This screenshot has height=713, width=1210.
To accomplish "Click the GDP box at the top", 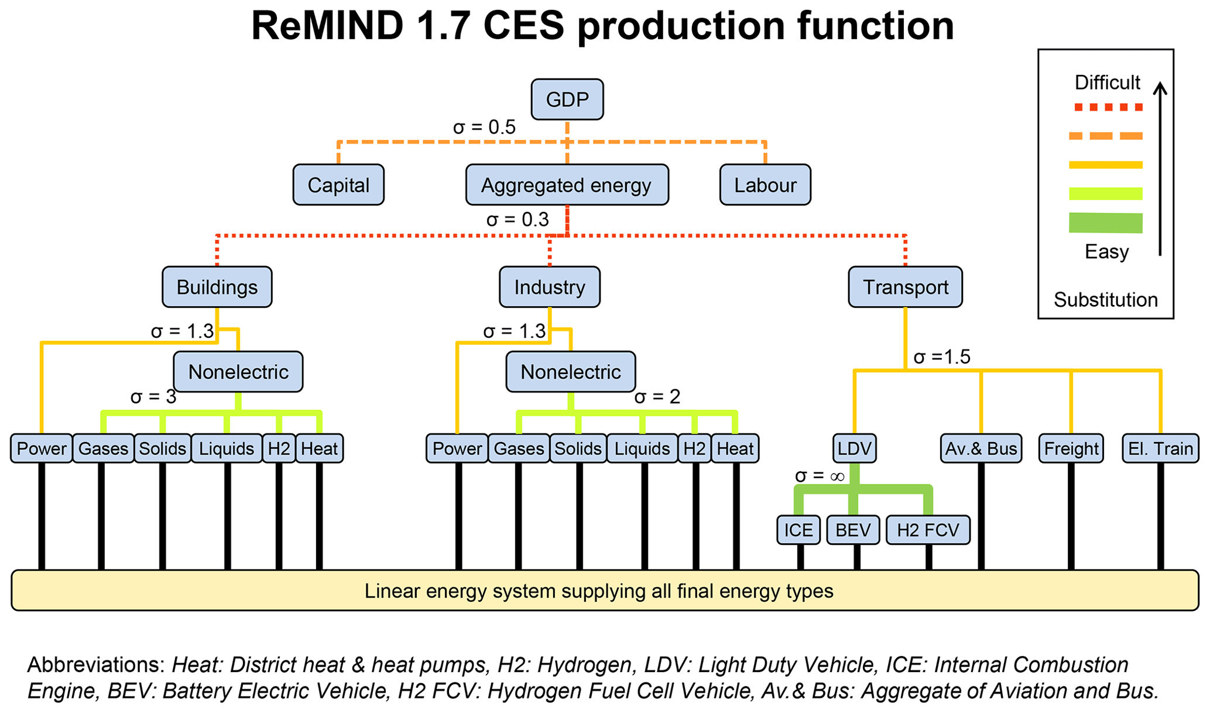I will click(567, 100).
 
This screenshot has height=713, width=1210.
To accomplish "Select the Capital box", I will click(338, 185).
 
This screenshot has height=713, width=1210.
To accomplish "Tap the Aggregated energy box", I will click(567, 185).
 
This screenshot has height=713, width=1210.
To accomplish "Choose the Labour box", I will click(765, 185).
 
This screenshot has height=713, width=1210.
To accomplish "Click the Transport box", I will click(905, 287).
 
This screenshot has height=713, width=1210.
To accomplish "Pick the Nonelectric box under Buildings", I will click(238, 372).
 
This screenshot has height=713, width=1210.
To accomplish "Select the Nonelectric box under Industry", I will click(571, 372).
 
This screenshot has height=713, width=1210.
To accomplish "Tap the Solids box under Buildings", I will click(163, 448).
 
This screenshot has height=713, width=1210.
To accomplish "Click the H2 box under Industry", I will click(694, 448).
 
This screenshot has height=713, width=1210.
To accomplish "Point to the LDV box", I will click(855, 448).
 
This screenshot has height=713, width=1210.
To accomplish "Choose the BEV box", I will click(853, 530).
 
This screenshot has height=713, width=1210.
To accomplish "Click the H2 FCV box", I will click(928, 530).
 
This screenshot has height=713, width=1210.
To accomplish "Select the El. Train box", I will click(1160, 448).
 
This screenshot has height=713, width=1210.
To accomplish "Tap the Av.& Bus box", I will click(981, 448).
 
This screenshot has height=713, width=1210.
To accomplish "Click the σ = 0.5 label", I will click(484, 127).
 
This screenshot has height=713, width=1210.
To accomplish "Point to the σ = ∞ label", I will click(820, 476).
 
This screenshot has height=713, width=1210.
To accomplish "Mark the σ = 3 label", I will click(153, 397).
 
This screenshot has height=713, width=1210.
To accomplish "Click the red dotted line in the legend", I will click(1106, 107).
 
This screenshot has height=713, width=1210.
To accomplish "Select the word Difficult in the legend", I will click(1107, 83).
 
